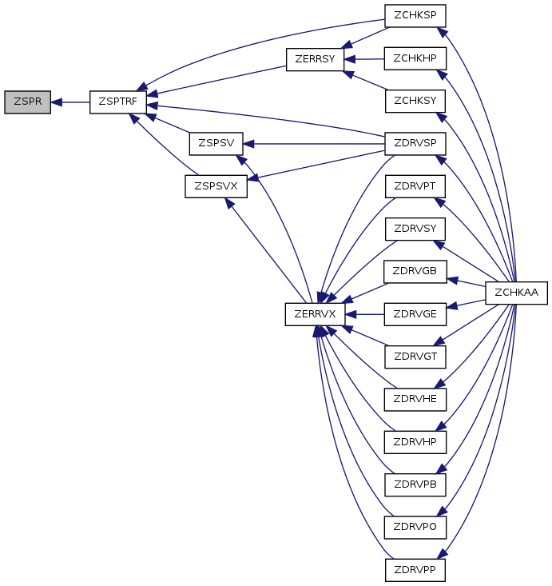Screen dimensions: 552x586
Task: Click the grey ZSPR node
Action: [x=27, y=102]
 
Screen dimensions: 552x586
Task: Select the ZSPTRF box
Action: [x=118, y=102]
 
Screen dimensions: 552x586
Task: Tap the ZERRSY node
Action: [x=315, y=59]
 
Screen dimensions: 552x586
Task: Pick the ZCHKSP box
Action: [x=415, y=16]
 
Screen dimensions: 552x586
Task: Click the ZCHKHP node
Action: [x=415, y=58]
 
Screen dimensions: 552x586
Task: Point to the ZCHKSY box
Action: [x=415, y=101]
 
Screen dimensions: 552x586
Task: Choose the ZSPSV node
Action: [x=216, y=144]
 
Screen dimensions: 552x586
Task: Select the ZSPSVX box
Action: [x=216, y=186]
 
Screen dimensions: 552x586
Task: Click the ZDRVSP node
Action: [x=415, y=144]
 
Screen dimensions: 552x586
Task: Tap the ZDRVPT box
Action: [x=415, y=186]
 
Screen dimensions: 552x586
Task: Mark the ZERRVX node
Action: [x=315, y=314]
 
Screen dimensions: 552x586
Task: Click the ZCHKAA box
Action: [x=516, y=293]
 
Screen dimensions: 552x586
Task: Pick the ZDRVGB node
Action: [x=415, y=272]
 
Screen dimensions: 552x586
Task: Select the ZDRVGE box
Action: [x=415, y=314]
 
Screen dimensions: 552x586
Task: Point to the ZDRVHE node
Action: [x=415, y=400]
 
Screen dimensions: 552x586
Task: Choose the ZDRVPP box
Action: [x=415, y=570]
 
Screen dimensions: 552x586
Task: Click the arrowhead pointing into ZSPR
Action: [x=56, y=102]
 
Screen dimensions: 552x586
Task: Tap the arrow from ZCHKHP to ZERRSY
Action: [x=364, y=59]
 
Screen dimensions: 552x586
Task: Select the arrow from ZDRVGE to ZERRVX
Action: [x=364, y=314]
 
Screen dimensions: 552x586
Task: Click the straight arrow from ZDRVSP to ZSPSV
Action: [x=314, y=144]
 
